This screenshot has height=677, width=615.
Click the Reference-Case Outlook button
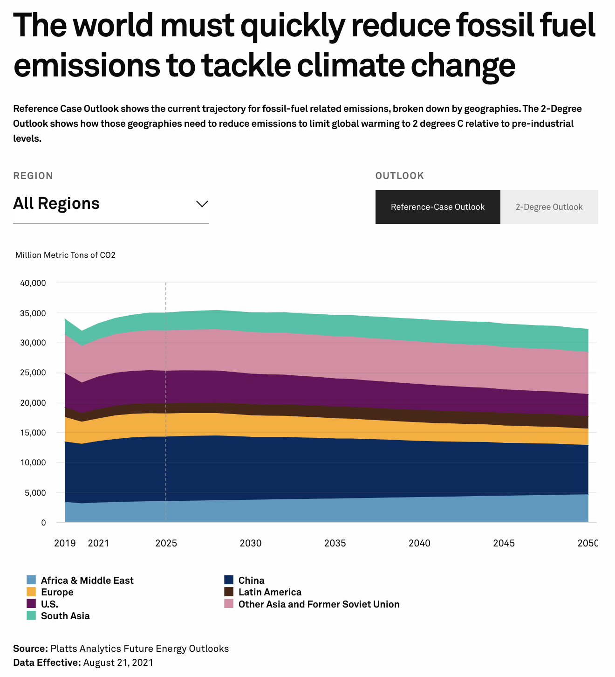tap(437, 207)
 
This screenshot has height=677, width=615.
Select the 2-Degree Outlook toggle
tap(549, 207)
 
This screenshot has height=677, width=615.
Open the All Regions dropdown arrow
tap(202, 204)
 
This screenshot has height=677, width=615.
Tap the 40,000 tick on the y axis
tap(33, 283)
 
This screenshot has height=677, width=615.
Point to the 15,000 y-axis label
tap(33, 433)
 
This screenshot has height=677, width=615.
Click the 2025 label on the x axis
tap(166, 543)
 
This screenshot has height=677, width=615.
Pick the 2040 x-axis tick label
tap(419, 543)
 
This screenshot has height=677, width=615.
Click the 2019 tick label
tap(65, 543)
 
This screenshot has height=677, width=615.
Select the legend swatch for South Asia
tap(31, 616)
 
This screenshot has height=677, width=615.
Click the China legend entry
tap(251, 580)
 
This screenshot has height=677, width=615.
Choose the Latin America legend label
tap(270, 592)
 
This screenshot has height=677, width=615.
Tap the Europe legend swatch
tap(31, 592)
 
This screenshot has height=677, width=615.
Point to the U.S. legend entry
tap(49, 604)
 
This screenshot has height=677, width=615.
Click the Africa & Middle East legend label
tap(87, 580)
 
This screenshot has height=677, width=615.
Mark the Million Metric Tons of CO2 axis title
tap(65, 255)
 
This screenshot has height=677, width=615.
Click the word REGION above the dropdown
tap(33, 176)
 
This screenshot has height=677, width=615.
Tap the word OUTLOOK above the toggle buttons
tap(400, 176)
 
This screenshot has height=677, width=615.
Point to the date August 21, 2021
tap(118, 663)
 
